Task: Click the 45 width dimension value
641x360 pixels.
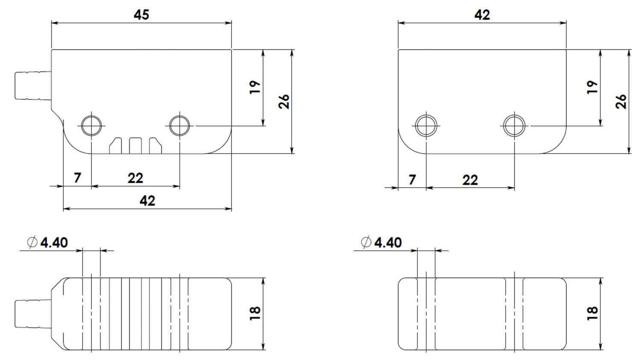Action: click(141, 15)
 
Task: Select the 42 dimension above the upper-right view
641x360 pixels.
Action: click(482, 15)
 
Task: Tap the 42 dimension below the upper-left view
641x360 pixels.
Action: click(147, 201)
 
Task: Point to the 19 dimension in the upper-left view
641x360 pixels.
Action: click(255, 87)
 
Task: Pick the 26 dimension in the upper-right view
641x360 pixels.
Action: click(621, 101)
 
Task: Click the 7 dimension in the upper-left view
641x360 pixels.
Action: click(77, 178)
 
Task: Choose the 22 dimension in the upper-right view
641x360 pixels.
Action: click(470, 180)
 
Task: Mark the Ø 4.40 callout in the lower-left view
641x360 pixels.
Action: click(47, 242)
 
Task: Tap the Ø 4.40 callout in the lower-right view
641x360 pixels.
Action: click(382, 242)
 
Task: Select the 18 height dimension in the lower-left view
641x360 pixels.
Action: click(255, 313)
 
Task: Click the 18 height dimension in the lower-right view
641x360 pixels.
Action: click(592, 313)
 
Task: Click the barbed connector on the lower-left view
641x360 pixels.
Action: click(32, 314)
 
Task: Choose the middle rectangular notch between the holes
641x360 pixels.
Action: click(135, 145)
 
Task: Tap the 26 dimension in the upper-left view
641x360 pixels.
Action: click(284, 101)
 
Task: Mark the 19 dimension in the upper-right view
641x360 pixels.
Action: click(592, 87)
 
